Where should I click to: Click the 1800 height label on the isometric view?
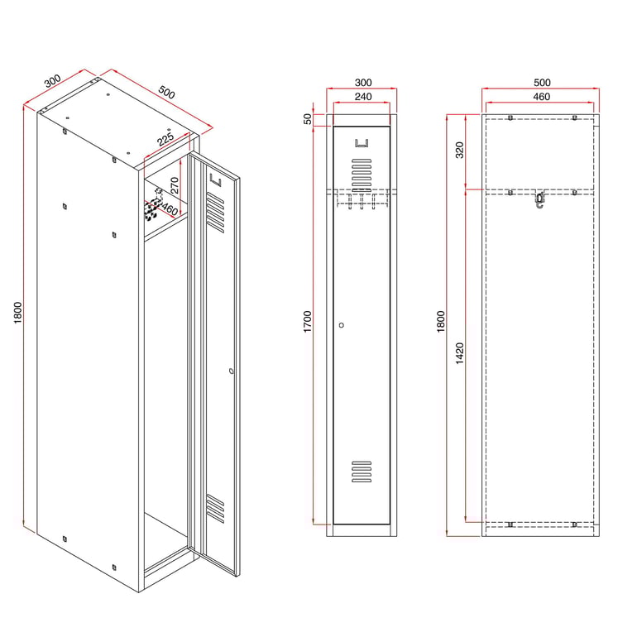point(18,313)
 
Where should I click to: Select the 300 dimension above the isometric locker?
point(53,80)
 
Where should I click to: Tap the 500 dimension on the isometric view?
point(166,92)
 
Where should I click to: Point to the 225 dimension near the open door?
point(165,137)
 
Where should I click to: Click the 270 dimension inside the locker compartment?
point(175,184)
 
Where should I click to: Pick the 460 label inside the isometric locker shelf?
point(170,209)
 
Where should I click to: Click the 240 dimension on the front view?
point(363,97)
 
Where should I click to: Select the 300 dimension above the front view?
point(363,83)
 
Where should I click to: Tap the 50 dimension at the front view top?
point(308,119)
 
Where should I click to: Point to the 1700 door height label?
point(308,322)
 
